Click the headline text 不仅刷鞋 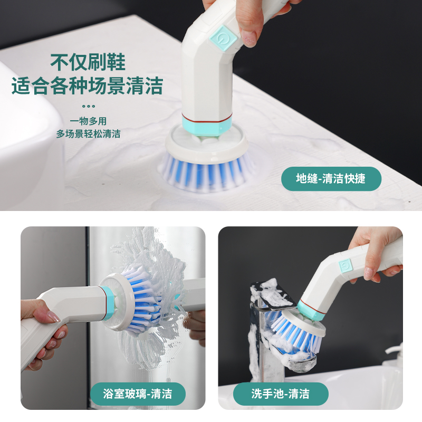(88, 62)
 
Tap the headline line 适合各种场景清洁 (87, 85)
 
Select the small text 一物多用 (88, 121)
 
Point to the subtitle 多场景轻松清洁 (88, 134)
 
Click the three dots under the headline (89, 106)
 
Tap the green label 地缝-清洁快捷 (331, 179)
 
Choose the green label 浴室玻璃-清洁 (138, 394)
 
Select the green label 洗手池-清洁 (281, 394)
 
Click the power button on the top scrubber (223, 38)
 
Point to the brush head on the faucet (299, 330)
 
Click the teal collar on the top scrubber (207, 124)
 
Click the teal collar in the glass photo (108, 303)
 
